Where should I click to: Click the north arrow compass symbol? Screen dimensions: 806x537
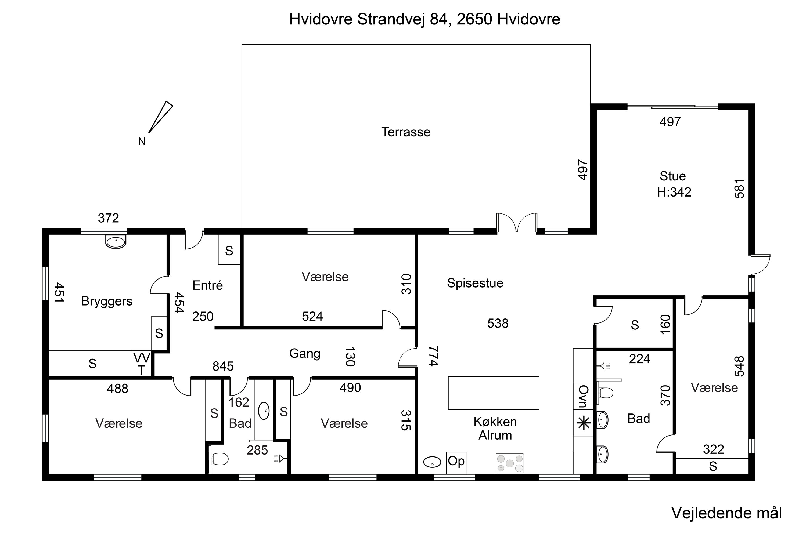161,117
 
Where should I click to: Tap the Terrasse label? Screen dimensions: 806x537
406,132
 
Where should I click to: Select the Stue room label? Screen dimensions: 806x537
673,176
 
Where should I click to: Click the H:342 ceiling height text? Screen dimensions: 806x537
674,192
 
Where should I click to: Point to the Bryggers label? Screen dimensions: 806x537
107,301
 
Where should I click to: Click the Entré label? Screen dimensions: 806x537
208,285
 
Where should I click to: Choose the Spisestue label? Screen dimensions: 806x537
475,283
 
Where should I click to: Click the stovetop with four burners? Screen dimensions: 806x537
510,463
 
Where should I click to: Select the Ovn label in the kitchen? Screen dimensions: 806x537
584,396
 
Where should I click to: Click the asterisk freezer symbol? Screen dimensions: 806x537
584,424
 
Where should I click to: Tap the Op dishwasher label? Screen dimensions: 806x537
456,461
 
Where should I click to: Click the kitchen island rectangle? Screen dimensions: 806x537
494,393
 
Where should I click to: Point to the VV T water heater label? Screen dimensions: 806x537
142,364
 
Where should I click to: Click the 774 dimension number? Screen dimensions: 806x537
434,356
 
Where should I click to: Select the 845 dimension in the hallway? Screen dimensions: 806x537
223,367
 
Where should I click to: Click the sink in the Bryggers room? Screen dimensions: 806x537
116,242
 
